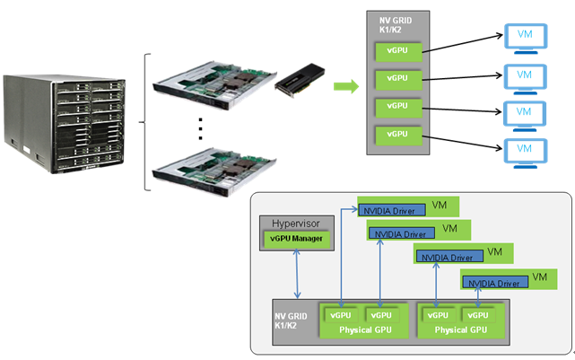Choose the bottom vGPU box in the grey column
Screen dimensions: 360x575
(x=397, y=134)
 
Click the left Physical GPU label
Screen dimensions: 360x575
(x=366, y=330)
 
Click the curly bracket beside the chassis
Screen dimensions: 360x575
(x=144, y=122)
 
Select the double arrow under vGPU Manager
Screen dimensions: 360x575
(x=297, y=274)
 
